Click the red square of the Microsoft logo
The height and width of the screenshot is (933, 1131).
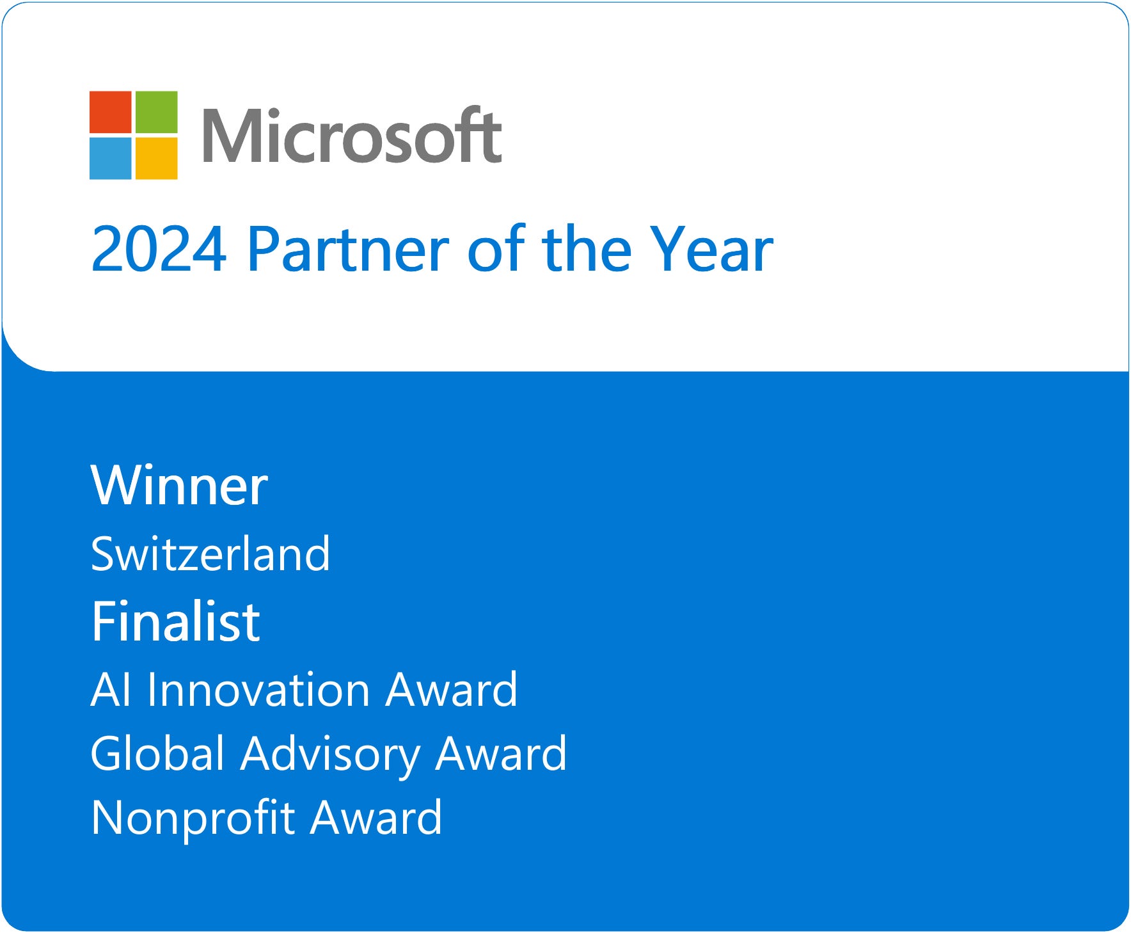110,112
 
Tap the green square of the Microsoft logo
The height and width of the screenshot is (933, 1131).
157,112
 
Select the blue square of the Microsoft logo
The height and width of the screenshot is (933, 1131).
110,159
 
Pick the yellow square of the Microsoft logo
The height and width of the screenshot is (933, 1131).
157,159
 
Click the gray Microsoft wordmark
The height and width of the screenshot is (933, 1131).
352,135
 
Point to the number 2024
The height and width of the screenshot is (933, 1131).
159,249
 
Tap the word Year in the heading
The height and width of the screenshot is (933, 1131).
711,249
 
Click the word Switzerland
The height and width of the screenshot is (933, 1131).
210,554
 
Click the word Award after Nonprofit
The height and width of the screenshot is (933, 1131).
376,817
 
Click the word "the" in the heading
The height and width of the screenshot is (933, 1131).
587,249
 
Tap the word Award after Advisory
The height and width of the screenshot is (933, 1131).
501,753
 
